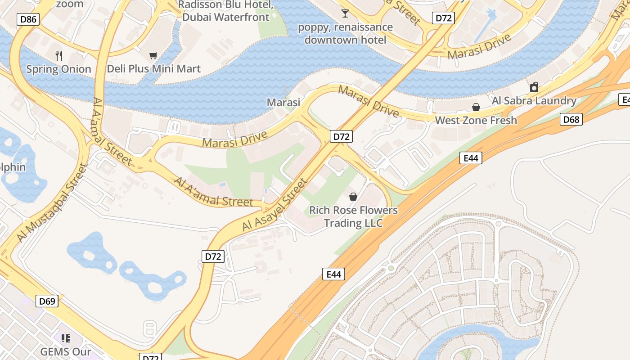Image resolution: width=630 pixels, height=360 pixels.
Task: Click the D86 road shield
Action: [28, 19]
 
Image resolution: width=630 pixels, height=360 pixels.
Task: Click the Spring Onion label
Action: [58, 69]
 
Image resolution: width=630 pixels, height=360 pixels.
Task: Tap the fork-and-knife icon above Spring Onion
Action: [59, 56]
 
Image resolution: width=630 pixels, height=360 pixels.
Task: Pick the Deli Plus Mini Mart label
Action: [153, 69]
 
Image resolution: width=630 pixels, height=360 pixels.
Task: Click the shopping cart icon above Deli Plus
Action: [153, 56]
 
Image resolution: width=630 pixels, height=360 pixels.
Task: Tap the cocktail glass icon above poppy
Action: [345, 13]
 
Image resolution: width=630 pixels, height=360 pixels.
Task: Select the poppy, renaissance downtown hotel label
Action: [345, 33]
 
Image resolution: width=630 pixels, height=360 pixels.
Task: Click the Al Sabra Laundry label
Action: [534, 100]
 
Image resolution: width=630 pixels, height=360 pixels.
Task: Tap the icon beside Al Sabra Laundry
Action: [534, 87]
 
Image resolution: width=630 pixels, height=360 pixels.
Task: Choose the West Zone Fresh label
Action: [476, 120]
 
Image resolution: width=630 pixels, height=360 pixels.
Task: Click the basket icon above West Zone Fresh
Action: [476, 107]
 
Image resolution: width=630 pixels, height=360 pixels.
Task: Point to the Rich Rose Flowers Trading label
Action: [353, 216]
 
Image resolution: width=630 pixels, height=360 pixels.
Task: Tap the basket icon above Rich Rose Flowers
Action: [353, 197]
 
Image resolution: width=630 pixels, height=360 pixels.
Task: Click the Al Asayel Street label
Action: [274, 205]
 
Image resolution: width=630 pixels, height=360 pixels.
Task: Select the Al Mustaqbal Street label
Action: [52, 203]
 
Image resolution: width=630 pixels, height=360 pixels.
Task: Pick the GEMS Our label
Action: [66, 351]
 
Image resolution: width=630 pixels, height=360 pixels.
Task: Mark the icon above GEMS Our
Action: [66, 338]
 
